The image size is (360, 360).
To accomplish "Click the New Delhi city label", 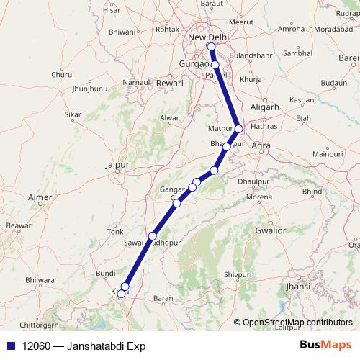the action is (207, 37).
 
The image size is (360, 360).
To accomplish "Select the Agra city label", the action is (261, 145).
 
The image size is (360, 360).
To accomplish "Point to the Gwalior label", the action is (270, 230).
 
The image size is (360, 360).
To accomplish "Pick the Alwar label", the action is (169, 117).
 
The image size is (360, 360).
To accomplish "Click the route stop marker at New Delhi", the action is (211, 48).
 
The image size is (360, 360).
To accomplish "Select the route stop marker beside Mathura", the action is (239, 129).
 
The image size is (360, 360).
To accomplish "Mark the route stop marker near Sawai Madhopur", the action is (152, 236).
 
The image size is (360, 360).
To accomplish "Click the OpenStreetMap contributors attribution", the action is (297, 323).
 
